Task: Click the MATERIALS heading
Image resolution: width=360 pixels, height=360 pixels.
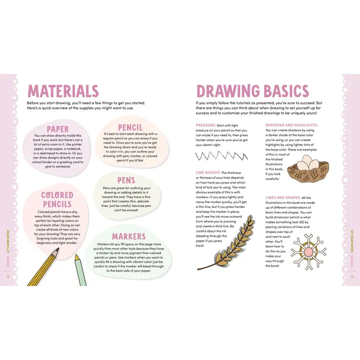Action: pyautogui.click(x=63, y=91)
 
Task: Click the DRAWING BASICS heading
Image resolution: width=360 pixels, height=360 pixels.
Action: pyautogui.click(x=252, y=91)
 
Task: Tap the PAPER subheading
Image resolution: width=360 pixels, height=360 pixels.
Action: pyautogui.click(x=57, y=129)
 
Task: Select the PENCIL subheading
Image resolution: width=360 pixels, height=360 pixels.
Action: pyautogui.click(x=130, y=127)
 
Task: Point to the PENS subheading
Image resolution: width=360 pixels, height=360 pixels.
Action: pyautogui.click(x=126, y=180)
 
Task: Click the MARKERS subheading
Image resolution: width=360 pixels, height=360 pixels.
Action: pyautogui.click(x=128, y=236)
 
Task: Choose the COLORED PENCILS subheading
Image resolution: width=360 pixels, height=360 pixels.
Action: pyautogui.click(x=57, y=199)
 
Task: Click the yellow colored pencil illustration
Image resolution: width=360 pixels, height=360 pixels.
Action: pyautogui.click(x=43, y=266)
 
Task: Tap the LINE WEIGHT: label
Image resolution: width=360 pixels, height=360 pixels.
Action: pyautogui.click(x=207, y=172)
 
